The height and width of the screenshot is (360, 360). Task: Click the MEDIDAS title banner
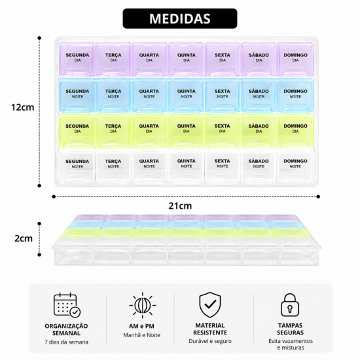[x=180, y=18]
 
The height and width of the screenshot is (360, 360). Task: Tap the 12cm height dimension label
[x=22, y=107]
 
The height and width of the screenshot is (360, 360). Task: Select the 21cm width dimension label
[x=180, y=206]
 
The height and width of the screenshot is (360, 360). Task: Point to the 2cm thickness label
[x=24, y=238]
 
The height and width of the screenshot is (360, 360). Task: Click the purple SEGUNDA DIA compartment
[x=77, y=59]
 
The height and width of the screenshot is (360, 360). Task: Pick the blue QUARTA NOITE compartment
[x=149, y=96]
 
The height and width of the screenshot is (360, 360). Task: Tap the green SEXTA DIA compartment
[x=223, y=132]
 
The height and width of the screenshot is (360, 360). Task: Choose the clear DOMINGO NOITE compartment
[x=295, y=166]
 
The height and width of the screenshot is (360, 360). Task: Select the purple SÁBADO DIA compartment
[x=259, y=59]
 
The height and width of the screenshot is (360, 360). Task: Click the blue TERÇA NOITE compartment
[x=113, y=96]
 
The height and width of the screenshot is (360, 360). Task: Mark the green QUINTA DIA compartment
[x=186, y=132]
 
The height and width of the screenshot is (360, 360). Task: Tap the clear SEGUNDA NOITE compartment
[x=77, y=166]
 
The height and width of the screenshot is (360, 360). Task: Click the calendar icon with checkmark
[x=67, y=305]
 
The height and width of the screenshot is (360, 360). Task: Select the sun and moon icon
[x=142, y=306]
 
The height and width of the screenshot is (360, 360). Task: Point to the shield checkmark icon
[x=210, y=305]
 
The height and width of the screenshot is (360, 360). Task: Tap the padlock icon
[x=290, y=305]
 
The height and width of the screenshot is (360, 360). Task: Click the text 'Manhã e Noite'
[x=141, y=335]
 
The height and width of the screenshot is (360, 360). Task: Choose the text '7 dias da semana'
[x=66, y=342]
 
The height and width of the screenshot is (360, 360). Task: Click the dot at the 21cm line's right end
[x=318, y=196]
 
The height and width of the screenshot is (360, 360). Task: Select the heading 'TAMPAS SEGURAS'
[x=290, y=329]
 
